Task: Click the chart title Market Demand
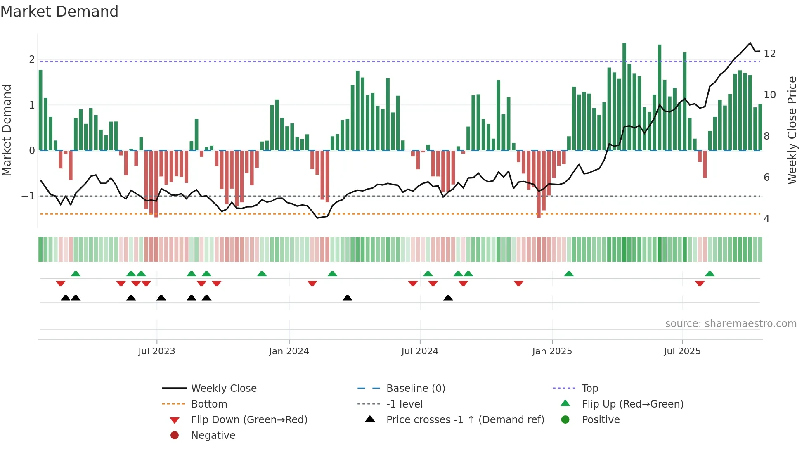[59, 12]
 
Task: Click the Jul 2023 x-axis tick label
[156, 351]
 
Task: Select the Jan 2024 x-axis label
[289, 351]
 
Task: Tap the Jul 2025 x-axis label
[682, 351]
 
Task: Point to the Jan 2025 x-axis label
[552, 351]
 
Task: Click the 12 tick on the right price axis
[769, 54]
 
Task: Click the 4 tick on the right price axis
[766, 219]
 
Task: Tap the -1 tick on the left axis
[28, 196]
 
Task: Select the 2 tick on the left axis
[32, 59]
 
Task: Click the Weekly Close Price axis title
[792, 130]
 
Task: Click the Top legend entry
[589, 389]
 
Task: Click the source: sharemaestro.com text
[731, 324]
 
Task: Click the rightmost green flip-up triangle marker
[710, 274]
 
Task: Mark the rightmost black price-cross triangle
[448, 298]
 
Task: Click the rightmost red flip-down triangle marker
[699, 283]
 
